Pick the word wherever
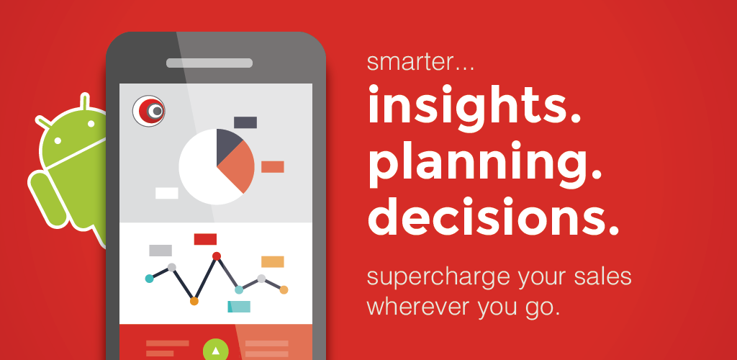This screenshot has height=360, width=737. (417, 307)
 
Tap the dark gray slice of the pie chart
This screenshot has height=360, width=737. (228, 145)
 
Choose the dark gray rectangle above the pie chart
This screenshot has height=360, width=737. (245, 122)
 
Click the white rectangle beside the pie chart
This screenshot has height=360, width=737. (167, 193)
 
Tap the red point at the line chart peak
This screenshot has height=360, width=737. (216, 256)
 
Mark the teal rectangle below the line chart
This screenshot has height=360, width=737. (239, 307)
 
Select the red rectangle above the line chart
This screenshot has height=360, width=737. (205, 239)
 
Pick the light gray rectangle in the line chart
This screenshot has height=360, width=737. (160, 251)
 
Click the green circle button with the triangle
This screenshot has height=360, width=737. (216, 350)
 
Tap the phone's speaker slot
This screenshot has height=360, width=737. (209, 63)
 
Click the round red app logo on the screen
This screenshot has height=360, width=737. (148, 111)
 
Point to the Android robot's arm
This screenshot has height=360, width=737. (47, 199)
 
